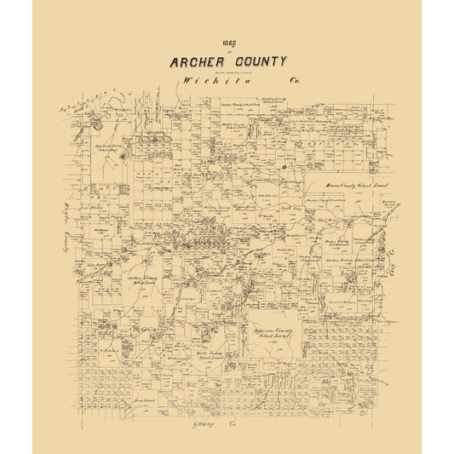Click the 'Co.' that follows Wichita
click(296, 81)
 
